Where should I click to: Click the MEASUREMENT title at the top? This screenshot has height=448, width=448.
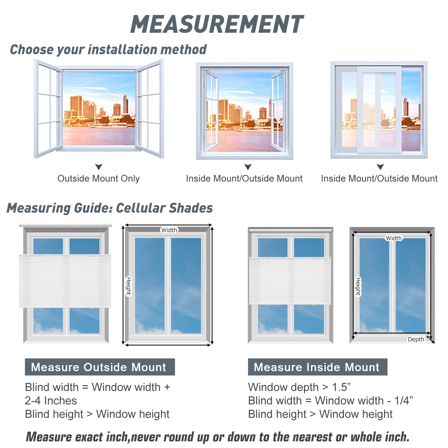217,24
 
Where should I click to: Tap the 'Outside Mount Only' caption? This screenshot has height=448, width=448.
99,178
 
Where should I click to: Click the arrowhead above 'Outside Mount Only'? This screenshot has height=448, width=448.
99,167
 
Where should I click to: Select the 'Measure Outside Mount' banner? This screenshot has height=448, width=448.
100,367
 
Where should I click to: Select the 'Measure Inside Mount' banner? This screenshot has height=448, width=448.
318,367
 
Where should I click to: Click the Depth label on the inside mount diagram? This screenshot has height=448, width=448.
416,339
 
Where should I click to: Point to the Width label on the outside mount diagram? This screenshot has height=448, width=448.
169,230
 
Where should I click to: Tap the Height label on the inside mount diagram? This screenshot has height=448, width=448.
358,286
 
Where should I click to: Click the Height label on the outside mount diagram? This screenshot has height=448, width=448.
129,286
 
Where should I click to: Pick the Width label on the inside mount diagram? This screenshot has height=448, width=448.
394,238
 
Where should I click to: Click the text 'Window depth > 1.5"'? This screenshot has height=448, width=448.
299,387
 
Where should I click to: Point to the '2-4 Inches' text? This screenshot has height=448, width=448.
51,401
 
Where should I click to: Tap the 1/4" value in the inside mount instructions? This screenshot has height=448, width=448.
403,400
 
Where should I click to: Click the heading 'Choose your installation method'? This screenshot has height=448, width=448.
108,50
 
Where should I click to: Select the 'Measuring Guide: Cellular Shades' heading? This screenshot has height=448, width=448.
109,208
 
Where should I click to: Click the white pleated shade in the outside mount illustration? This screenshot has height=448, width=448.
65,281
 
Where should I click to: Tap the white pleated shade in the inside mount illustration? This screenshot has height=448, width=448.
290,281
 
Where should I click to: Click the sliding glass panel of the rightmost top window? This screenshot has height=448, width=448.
379,110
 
